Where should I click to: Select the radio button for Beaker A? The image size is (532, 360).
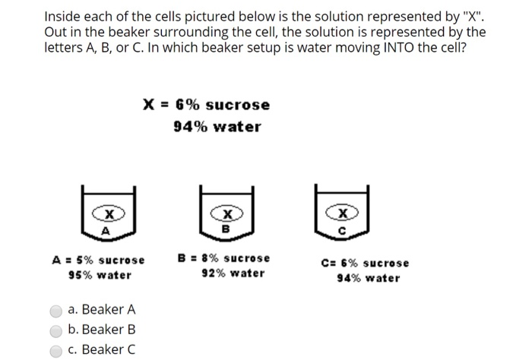pos(55,310)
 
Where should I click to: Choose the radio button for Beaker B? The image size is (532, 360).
pos(55,330)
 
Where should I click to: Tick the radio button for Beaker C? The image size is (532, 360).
pos(55,349)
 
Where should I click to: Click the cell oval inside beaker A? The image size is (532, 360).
pos(106,215)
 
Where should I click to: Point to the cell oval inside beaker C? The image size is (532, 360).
pos(342,213)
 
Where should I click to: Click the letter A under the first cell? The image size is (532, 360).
pos(106,231)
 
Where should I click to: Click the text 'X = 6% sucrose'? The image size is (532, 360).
pos(206,104)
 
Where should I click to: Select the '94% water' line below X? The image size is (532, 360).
pos(217,126)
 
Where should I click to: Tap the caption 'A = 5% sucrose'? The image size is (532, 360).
pos(99,260)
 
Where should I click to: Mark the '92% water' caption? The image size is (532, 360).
pos(233,273)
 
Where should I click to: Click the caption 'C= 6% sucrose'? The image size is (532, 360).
pos(365,263)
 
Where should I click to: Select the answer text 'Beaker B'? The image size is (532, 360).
pos(108,330)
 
